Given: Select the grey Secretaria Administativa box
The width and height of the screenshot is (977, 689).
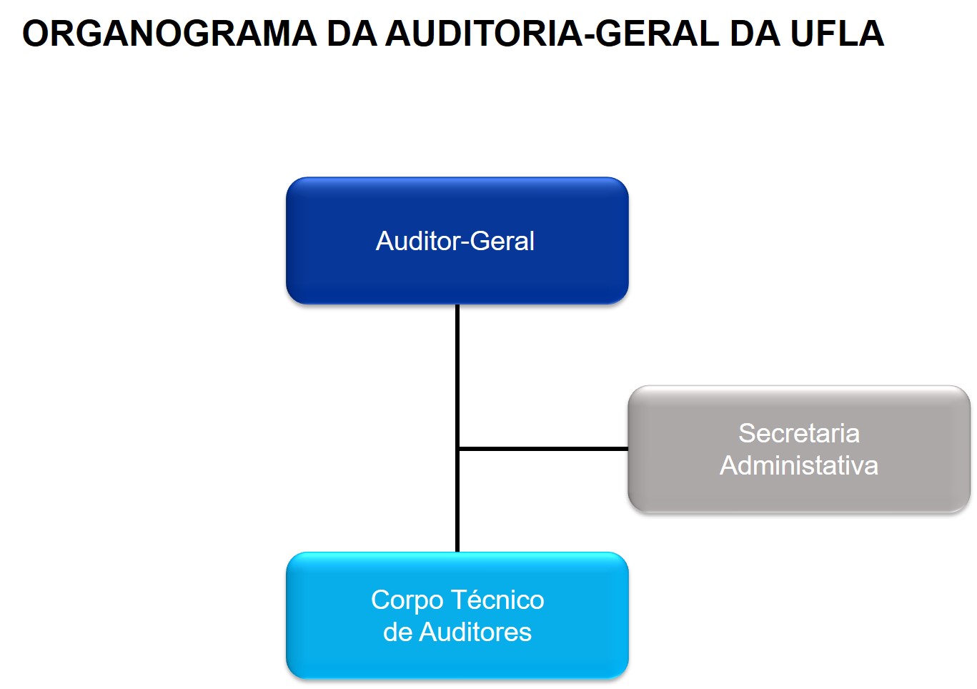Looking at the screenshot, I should (x=798, y=493).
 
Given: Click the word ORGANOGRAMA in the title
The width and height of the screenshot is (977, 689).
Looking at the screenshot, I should (x=169, y=34).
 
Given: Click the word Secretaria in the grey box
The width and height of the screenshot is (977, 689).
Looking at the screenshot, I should (x=798, y=433).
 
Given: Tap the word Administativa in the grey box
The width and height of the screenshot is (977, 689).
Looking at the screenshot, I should (x=798, y=465).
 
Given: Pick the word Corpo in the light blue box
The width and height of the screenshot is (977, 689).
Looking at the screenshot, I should (x=407, y=600).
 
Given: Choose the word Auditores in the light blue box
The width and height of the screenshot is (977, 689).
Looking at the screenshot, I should (x=475, y=632).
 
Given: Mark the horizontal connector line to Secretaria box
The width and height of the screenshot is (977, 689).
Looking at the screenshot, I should (x=543, y=449).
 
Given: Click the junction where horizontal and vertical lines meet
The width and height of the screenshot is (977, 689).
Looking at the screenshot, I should (x=457, y=449).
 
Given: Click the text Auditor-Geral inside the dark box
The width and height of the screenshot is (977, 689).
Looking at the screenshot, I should (x=455, y=241).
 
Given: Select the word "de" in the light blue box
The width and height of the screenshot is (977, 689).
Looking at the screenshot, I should (x=397, y=632).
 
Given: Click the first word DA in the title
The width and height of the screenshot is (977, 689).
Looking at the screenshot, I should (x=352, y=34).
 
